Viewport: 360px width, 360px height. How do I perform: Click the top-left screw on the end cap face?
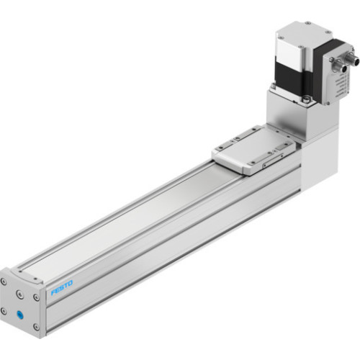pyautogui.click(x=6, y=282)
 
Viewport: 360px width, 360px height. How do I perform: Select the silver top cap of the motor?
pyautogui.click(x=302, y=36)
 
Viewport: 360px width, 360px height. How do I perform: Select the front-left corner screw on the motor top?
pyautogui.click(x=279, y=33)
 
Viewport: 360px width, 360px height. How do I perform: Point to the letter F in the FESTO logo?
pyautogui.click(x=52, y=292)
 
